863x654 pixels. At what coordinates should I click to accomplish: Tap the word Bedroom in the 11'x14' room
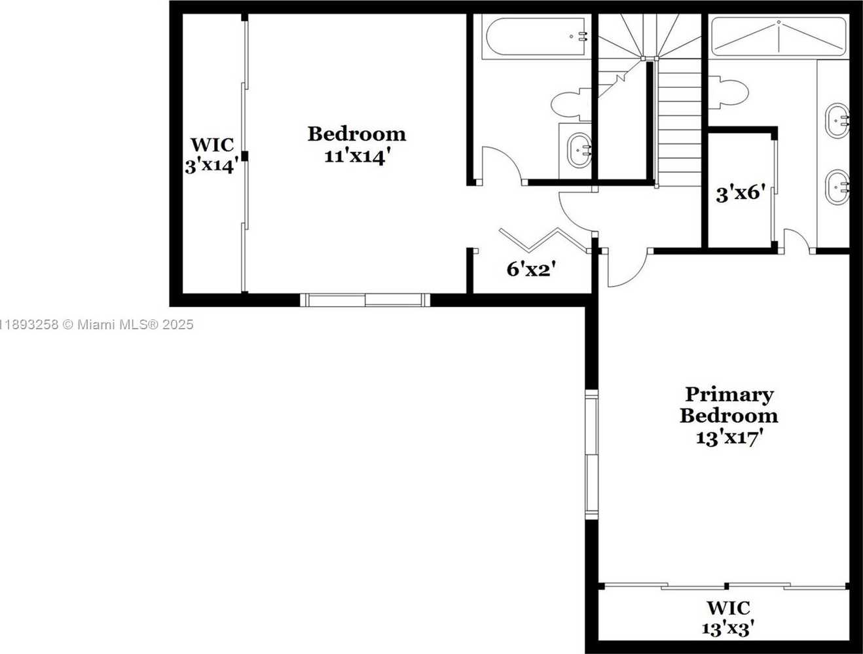click(357, 134)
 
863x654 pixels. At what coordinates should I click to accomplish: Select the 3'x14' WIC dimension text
click(212, 166)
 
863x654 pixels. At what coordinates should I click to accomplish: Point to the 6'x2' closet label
click(532, 269)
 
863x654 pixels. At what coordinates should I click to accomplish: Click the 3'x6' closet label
click(741, 194)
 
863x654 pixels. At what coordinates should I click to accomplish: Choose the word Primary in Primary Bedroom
click(729, 395)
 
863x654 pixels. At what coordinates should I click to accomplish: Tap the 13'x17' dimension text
click(727, 438)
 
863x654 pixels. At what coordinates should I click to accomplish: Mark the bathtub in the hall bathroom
click(537, 37)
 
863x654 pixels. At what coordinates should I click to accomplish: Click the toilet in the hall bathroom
click(571, 104)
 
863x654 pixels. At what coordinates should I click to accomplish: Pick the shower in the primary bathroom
click(779, 37)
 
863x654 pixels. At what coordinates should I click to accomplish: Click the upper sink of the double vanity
click(837, 120)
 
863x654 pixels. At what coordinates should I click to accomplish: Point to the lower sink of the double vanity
click(837, 187)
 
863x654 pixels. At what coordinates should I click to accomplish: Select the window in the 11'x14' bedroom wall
click(365, 300)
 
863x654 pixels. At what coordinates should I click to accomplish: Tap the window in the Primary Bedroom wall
click(592, 455)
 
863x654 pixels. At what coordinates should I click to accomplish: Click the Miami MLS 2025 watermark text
click(97, 325)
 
